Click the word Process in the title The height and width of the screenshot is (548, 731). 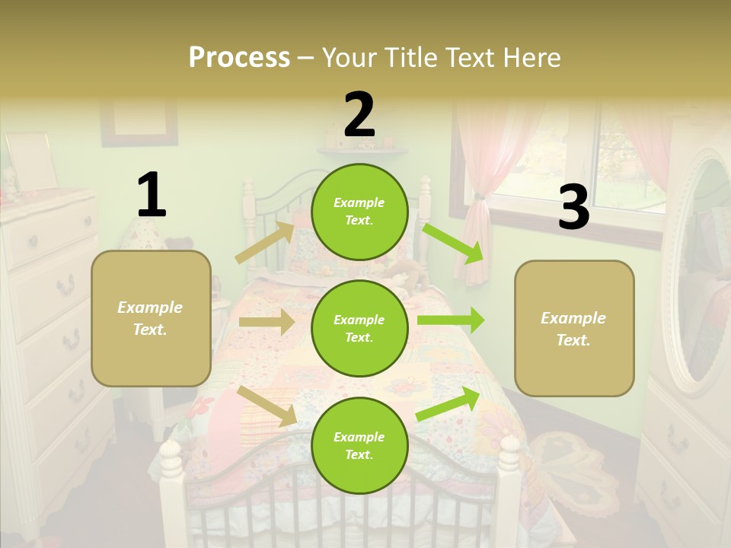(x=239, y=58)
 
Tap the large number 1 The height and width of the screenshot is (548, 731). (x=152, y=196)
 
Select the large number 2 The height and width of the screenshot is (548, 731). (x=359, y=115)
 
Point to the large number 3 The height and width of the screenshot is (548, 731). (x=573, y=207)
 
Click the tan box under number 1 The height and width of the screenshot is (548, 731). (x=151, y=318)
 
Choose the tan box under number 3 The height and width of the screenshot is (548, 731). (x=574, y=328)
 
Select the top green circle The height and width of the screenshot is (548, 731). (x=359, y=212)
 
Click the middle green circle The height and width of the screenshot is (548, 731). (x=359, y=328)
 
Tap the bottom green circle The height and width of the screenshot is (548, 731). (x=359, y=445)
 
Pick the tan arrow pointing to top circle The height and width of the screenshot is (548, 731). (x=265, y=243)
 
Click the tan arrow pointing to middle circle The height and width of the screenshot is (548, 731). (x=267, y=322)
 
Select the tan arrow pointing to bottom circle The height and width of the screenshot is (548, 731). (x=267, y=405)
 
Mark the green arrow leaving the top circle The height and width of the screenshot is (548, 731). (x=454, y=242)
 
